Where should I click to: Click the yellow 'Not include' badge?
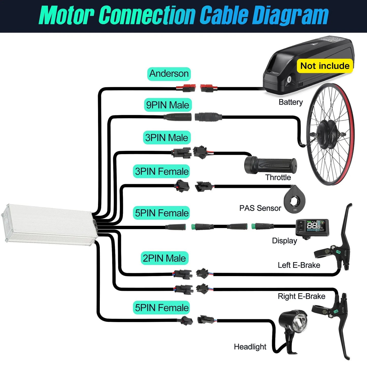[x=325, y=66]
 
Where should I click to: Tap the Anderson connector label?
[x=169, y=74]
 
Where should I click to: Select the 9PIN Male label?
[x=168, y=105]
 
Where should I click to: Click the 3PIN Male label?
[x=167, y=138]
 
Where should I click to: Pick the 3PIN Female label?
[x=162, y=171]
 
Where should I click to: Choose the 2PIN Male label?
[x=164, y=258]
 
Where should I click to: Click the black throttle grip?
[x=270, y=165]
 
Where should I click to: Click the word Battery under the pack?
[x=291, y=102]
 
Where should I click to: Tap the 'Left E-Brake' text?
[x=299, y=265]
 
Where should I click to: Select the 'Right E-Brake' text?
[x=301, y=296]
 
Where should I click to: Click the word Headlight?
[x=250, y=347]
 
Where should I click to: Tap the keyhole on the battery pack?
[x=289, y=80]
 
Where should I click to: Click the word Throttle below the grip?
[x=278, y=177]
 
